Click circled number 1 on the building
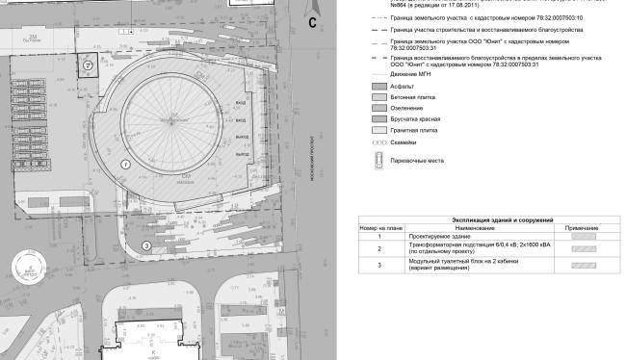(125, 165)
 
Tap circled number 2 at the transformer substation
(87, 65)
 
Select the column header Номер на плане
(378, 227)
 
